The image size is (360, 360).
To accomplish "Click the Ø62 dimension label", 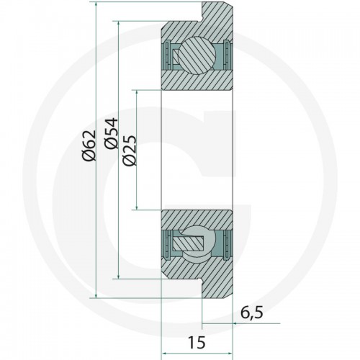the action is coord(89,145).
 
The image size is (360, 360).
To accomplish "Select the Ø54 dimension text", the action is coord(111,133).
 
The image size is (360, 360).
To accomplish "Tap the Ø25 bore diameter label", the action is coord(130,150).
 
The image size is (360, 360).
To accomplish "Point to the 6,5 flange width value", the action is coord(252,313).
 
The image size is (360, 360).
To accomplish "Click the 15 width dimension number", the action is coord(197,342).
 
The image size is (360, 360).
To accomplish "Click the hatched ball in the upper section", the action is coord(198,55).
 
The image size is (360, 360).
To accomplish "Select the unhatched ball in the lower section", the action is coord(199,243).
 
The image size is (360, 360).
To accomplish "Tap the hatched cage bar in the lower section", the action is coord(188,243).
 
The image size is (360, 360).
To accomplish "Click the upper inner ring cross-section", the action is coord(197,80).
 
